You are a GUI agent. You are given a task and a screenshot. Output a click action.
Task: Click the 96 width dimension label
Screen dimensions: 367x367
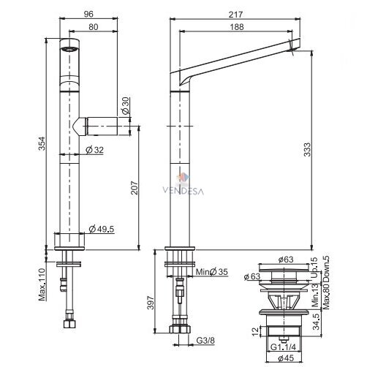coord(88,14)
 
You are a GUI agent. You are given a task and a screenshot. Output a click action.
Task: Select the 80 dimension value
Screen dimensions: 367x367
coord(94,27)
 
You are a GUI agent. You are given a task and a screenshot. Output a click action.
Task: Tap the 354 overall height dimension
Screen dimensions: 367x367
coord(42,143)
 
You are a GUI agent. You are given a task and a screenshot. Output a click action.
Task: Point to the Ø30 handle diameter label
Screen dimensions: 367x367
coord(126,106)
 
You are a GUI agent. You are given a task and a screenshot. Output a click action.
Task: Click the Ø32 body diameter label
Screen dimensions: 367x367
coord(95,150)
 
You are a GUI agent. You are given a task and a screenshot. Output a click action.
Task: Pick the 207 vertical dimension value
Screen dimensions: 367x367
coord(135,188)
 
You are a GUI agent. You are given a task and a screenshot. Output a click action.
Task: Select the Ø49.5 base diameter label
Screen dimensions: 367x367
coord(102,229)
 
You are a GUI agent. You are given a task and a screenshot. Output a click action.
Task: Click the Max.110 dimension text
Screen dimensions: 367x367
coord(42,284)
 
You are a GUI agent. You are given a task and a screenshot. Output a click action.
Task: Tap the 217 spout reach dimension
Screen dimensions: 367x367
coord(235,15)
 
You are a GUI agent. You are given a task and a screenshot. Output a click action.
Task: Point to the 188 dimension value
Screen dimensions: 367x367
coord(237,27)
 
